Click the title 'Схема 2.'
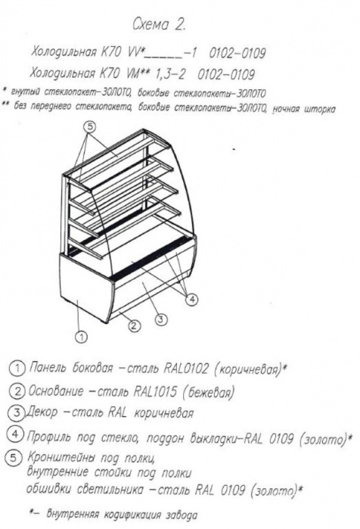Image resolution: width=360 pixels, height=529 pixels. [158, 25]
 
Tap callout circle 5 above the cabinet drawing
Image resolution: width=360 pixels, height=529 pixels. [90, 128]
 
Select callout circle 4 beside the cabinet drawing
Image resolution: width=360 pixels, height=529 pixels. [192, 299]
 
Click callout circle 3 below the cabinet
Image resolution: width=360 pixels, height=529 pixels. [161, 319]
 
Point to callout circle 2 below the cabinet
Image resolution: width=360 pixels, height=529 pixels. [134, 325]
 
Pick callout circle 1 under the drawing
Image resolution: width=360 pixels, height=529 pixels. [81, 337]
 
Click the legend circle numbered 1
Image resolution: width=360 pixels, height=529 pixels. [17, 369]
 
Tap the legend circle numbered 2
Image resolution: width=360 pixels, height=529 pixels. [17, 391]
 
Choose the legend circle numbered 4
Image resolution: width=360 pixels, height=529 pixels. [15, 434]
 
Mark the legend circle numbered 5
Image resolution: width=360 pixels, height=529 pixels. [14, 458]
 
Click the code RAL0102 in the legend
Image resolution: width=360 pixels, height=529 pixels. [186, 369]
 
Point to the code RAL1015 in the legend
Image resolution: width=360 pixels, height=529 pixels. [155, 391]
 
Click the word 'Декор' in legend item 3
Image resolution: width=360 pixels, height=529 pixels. [42, 413]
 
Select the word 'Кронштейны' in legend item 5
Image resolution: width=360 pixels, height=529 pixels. [61, 457]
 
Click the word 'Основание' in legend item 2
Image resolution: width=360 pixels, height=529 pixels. [56, 391]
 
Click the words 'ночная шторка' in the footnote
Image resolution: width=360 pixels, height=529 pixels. [304, 110]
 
